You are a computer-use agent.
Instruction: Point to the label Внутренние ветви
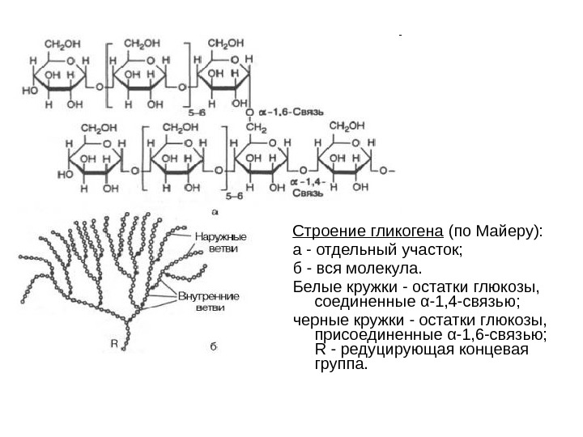point(209,302)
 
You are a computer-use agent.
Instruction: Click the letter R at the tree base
point(115,342)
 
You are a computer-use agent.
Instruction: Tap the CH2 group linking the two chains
point(256,126)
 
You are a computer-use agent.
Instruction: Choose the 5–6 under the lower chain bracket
point(234,196)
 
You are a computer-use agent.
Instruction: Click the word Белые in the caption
point(313,286)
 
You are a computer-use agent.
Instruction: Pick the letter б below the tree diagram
point(214,346)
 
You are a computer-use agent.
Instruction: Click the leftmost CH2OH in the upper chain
point(62,43)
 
